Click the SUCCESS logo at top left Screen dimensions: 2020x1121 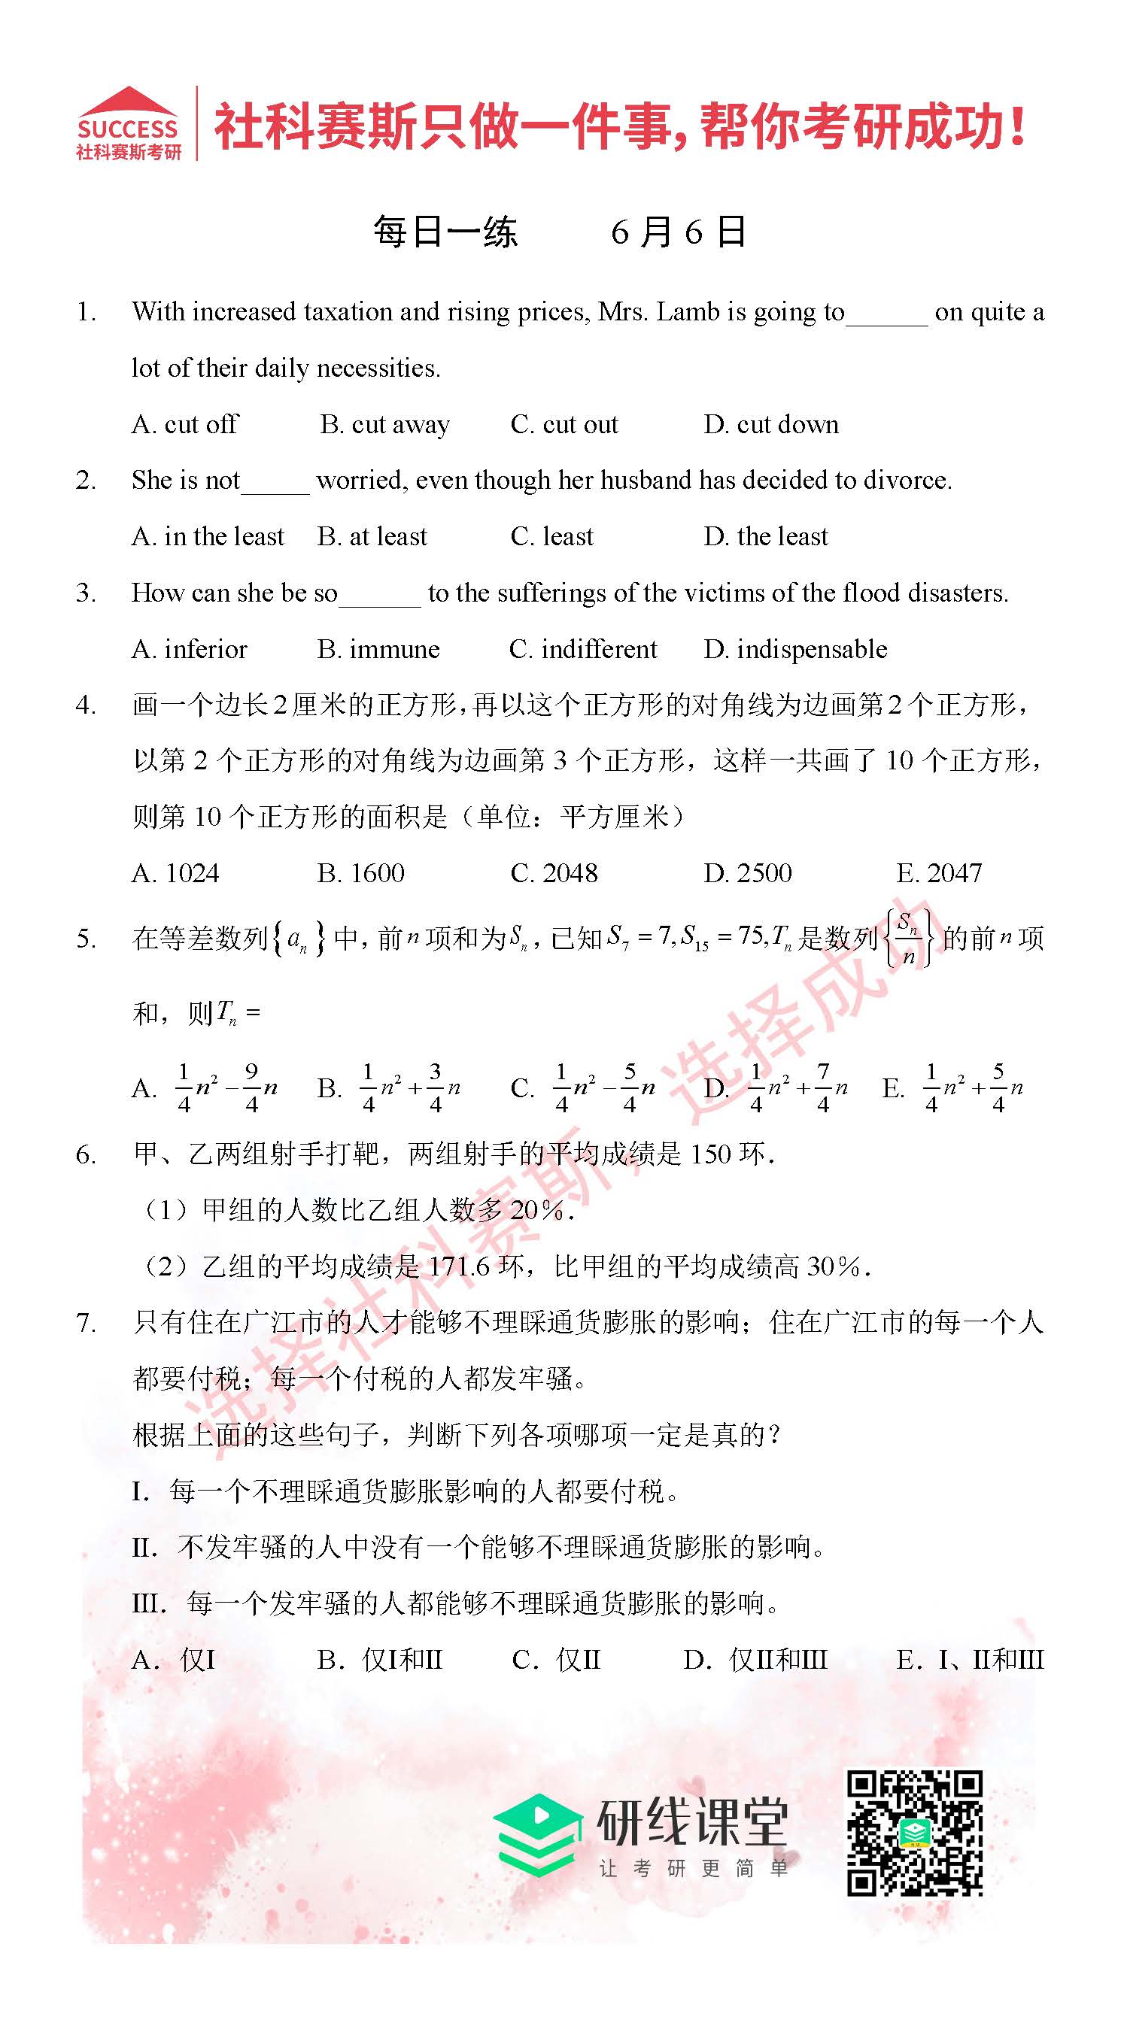pos(128,123)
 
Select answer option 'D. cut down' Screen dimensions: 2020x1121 pos(770,424)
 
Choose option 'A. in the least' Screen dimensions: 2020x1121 pos(207,536)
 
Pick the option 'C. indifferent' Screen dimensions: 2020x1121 pos(582,649)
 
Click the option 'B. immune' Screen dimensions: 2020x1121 pos(378,649)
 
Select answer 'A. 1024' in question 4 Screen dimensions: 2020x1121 pos(175,873)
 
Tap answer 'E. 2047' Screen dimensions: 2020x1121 pos(939,873)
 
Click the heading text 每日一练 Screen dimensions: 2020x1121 pos(445,232)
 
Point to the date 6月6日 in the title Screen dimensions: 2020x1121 pos(678,232)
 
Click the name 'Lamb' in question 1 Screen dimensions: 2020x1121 pos(688,312)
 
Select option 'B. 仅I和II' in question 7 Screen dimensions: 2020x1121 pos(380,1660)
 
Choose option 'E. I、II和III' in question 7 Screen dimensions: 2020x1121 pos(970,1660)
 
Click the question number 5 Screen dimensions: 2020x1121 pos(87,939)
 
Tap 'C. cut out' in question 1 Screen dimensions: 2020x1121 pos(564,424)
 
